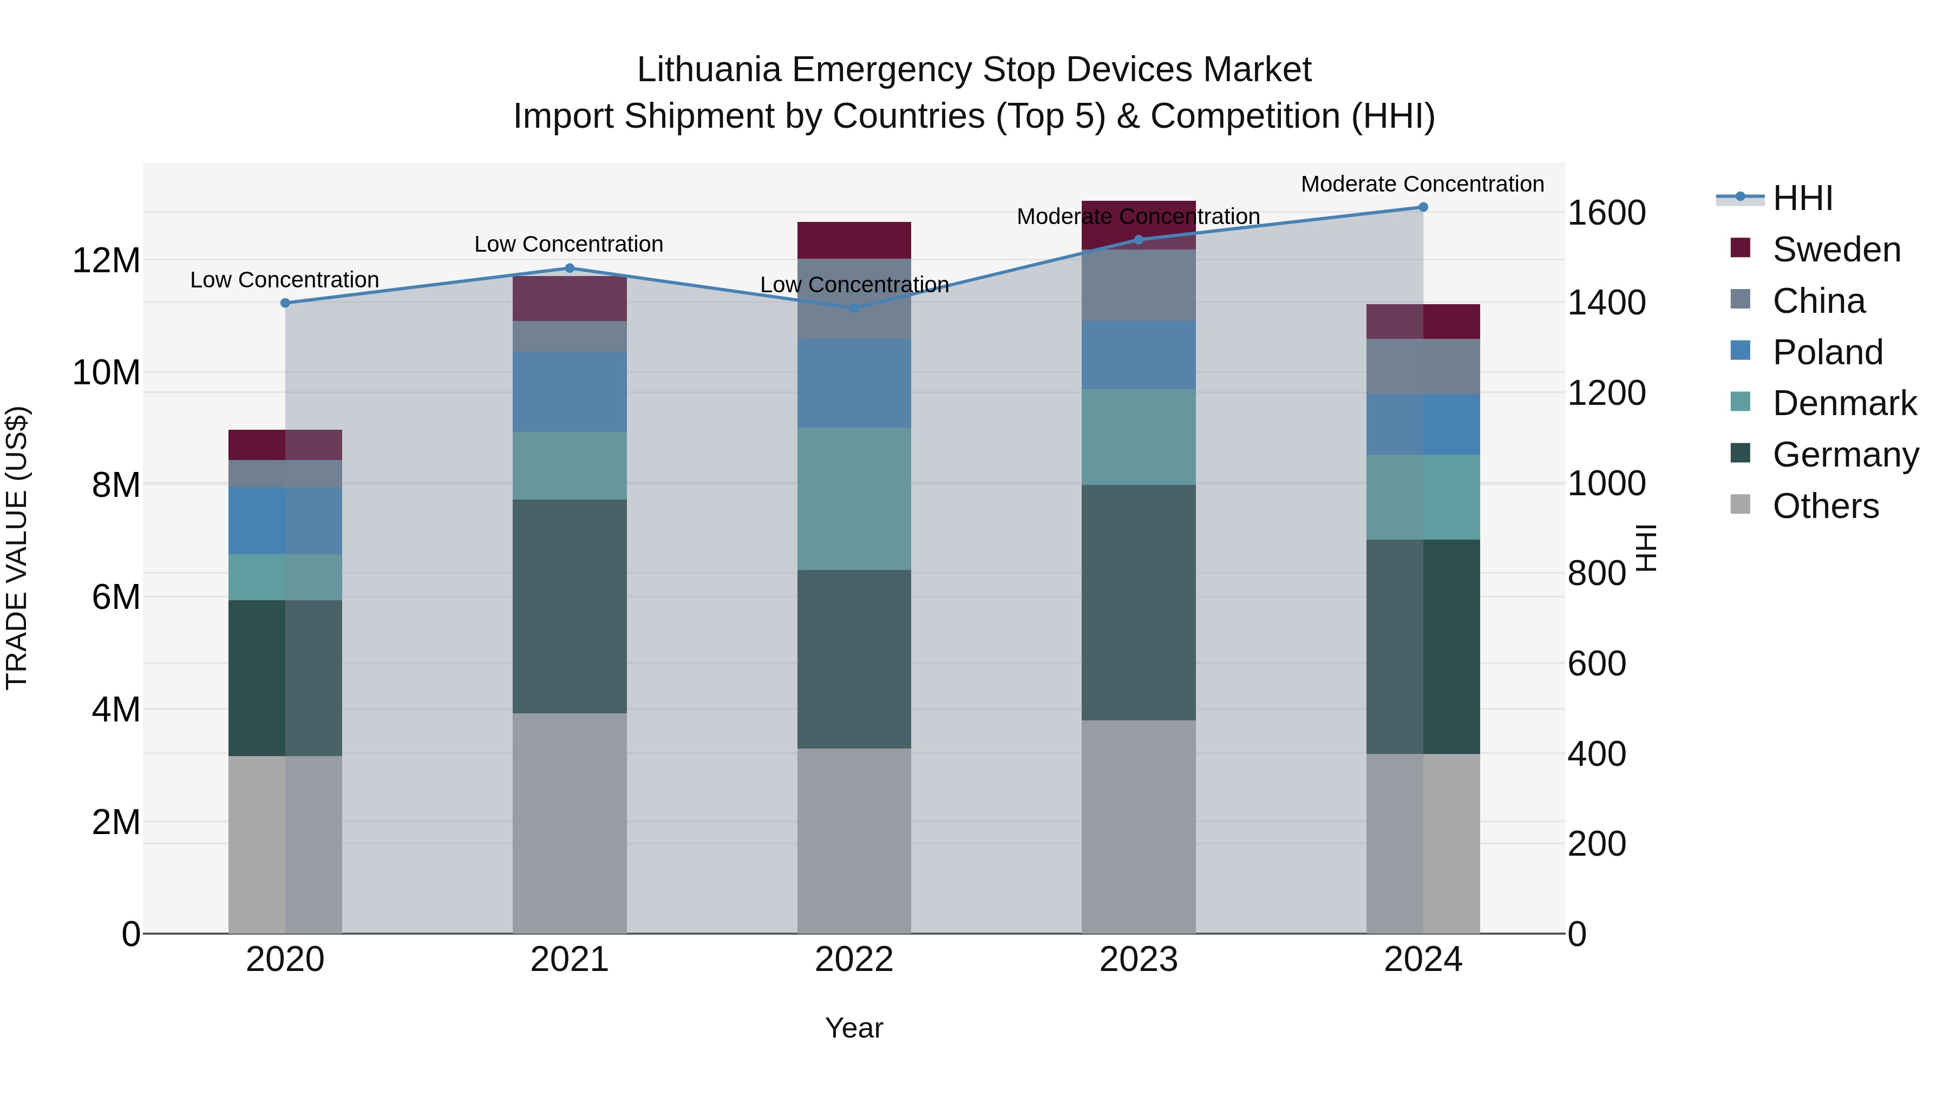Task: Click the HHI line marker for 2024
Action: point(1422,207)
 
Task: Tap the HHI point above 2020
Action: point(285,303)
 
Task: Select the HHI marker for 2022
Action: point(854,308)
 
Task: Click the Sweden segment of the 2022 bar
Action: point(854,240)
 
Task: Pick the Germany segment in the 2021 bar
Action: point(570,606)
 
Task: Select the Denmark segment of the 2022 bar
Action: point(854,498)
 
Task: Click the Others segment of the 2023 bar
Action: point(1139,826)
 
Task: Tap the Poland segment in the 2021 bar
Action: point(570,392)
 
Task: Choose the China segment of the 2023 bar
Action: point(1139,285)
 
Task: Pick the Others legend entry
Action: point(1825,506)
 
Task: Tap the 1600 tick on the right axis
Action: point(1606,213)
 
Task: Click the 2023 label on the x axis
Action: point(1139,960)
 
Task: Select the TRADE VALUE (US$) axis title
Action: point(17,548)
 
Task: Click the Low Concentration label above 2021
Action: point(568,244)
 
